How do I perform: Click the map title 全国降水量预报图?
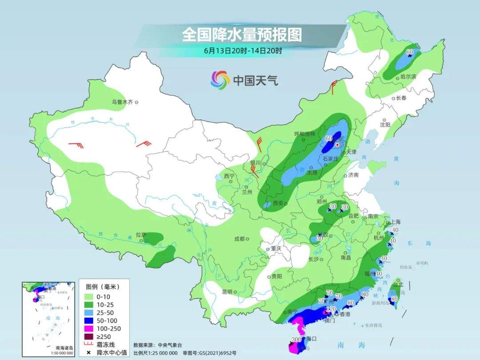coord(242,35)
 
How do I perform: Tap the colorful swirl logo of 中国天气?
coord(220,80)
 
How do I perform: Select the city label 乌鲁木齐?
coord(122,102)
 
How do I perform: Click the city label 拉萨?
coord(140,234)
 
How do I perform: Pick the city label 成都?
coord(240,239)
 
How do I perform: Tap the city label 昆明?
coord(227,292)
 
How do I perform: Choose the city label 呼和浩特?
coord(304,134)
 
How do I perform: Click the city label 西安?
coord(278,203)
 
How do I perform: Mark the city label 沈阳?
coord(385,125)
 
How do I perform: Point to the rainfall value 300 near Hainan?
coord(296,340)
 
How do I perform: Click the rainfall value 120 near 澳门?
coord(331,309)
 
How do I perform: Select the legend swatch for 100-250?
coord(88,328)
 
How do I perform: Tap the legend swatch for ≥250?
coord(88,336)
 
